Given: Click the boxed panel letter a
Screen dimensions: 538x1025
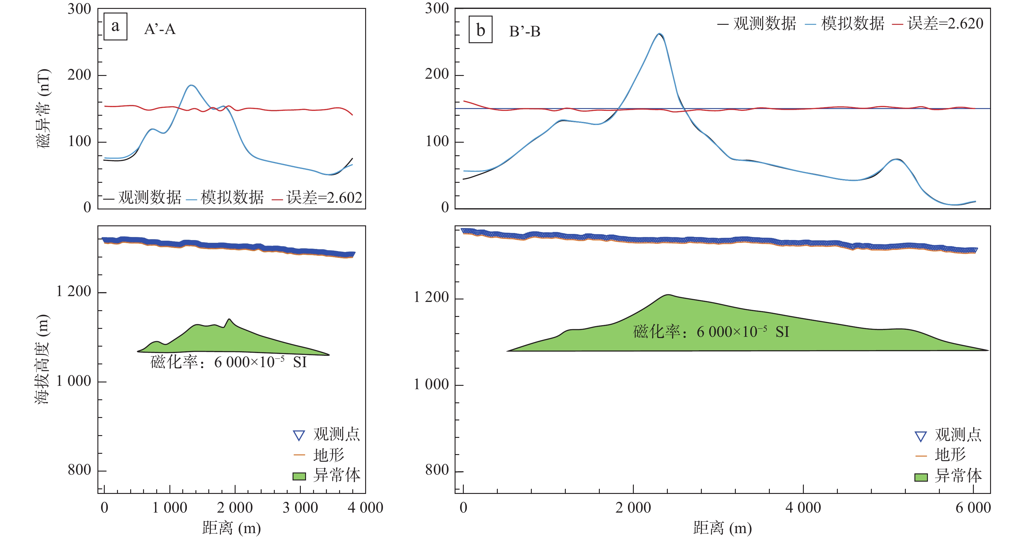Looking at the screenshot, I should [115, 27].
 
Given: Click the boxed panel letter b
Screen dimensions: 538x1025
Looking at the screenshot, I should [481, 30].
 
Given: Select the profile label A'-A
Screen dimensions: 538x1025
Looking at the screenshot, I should [160, 29].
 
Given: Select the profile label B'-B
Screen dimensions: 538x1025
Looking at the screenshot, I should [524, 32].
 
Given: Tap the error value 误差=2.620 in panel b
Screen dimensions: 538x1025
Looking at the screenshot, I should [945, 24].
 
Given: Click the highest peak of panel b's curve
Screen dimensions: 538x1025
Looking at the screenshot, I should [659, 34].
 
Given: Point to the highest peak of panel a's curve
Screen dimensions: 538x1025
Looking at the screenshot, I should [191, 85].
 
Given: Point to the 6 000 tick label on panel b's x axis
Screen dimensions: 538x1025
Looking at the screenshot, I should [973, 508].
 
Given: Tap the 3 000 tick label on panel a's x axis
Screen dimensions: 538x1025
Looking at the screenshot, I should [300, 508].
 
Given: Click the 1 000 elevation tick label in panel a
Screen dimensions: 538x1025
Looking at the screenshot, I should [74, 381].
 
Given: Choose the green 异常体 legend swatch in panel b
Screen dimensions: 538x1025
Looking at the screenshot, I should [921, 477].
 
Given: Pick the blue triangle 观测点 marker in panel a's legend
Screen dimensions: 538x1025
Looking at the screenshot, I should [299, 435].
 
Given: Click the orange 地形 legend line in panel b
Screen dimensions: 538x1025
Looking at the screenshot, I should [921, 456].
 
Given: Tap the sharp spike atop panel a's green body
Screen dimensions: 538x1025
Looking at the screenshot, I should [229, 319].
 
